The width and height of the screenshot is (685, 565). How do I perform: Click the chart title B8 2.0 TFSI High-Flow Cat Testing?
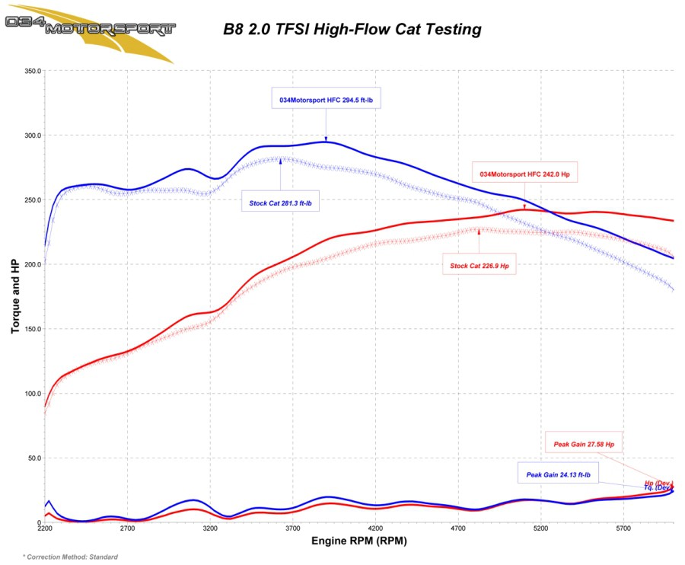(352, 30)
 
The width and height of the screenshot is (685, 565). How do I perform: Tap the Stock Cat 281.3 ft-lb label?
(281, 203)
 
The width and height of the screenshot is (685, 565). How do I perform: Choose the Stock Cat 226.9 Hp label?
(479, 266)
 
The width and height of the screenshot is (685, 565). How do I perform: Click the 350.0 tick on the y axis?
(33, 71)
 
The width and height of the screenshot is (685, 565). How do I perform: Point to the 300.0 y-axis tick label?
(33, 136)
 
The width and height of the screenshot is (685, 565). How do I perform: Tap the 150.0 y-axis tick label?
(33, 330)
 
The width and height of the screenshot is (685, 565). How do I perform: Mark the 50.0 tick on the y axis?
(34, 458)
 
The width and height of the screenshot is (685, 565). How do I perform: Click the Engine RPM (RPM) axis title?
(359, 542)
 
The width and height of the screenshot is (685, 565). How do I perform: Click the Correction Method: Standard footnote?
(70, 557)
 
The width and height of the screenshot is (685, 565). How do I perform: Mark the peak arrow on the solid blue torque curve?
(327, 140)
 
